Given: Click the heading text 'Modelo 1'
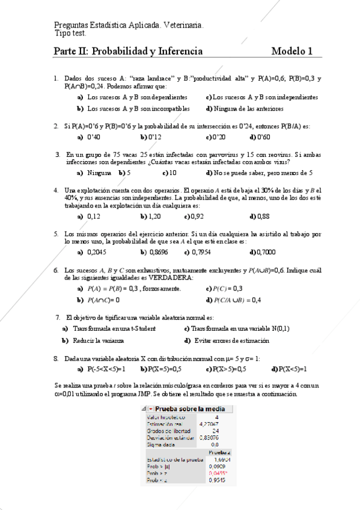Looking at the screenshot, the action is pos(291,52).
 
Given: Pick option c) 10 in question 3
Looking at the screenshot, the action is pos(171,173).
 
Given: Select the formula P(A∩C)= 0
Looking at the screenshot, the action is pos(103,299).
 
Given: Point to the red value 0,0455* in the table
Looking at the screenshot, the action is pos(218,473).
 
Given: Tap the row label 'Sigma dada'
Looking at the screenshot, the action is pos(160,444).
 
